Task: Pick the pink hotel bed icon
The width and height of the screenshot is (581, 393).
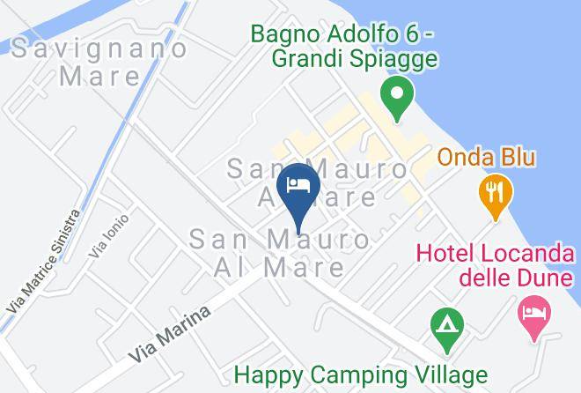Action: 534,313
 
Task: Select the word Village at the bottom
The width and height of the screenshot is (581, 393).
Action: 446,374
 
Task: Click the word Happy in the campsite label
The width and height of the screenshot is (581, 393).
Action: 276,374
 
